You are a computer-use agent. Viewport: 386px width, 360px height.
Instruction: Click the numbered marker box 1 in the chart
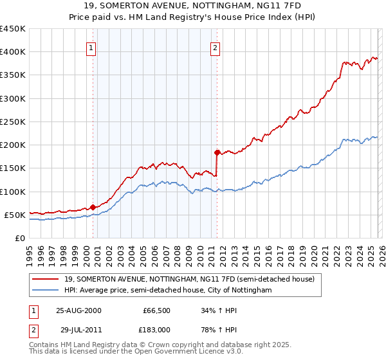91,47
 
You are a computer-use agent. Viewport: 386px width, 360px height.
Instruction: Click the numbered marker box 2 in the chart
215,47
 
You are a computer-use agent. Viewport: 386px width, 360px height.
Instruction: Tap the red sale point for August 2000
93,207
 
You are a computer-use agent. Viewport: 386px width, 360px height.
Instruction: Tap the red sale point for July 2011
217,152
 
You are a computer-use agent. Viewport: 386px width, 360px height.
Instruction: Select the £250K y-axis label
13,122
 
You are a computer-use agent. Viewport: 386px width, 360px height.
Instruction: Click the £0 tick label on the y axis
20,238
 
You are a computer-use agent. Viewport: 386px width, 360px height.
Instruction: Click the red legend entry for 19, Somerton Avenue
188,280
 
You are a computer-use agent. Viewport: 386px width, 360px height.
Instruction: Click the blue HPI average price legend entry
168,291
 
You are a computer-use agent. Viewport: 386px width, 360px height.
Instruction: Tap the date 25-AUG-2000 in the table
78,310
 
